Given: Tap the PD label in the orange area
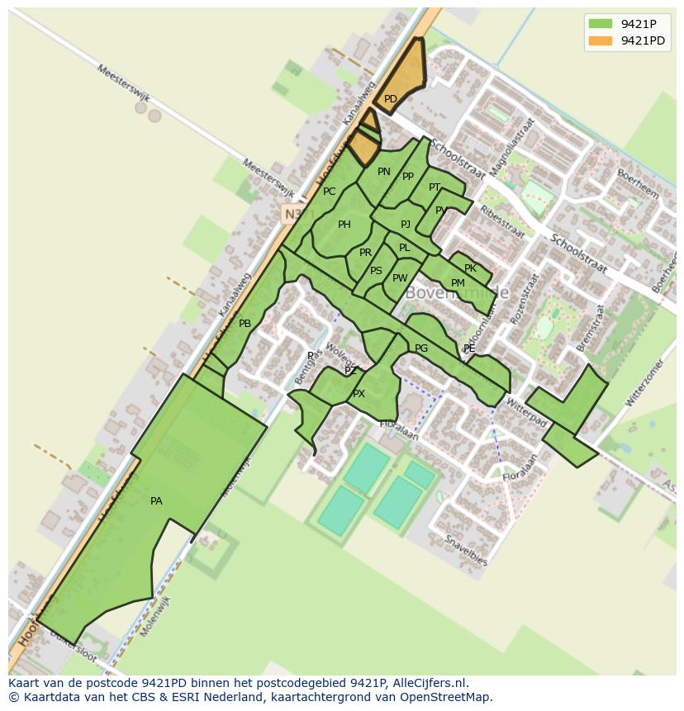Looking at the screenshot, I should pos(391,99).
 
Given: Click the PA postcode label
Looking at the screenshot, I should pos(156,501).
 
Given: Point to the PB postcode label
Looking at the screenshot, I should pos(245,324).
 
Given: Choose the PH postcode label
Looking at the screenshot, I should pos(344,225).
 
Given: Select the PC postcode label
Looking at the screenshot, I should pos(330,192).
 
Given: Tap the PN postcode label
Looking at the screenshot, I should pos(384,172).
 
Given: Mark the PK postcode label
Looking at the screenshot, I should pos(470,268).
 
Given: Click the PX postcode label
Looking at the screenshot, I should pos(359,394).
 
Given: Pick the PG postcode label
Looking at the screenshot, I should pos(421,348).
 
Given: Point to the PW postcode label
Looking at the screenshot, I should pos(400,278).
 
